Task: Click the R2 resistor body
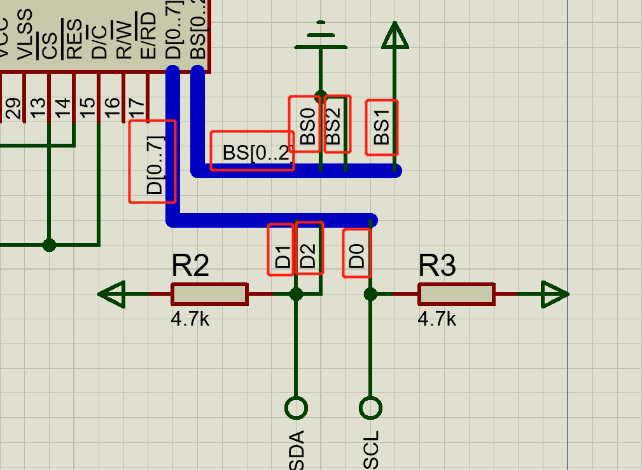209,294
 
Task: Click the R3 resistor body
456,294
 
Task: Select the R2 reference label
190,266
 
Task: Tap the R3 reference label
437,266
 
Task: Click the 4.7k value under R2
190,319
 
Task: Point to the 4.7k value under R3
437,319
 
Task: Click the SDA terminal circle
296,408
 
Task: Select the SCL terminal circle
370,408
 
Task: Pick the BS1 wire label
382,127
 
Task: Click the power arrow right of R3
554,294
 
